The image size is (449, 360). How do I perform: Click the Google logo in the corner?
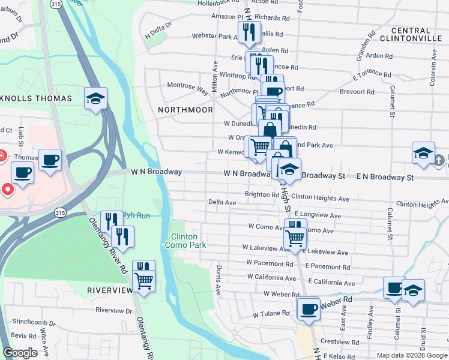[20, 353]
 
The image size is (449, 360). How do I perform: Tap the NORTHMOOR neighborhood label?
[185, 110]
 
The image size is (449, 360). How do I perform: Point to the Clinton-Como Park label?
[188, 241]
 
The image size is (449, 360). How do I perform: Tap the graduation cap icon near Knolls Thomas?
[95, 99]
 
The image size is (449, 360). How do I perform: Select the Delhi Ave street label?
[222, 203]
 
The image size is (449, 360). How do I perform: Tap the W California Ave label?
[271, 278]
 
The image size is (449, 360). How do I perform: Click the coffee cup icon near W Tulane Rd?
[309, 309]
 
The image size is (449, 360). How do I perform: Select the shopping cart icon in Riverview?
[143, 280]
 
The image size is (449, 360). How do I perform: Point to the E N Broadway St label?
[385, 178]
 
